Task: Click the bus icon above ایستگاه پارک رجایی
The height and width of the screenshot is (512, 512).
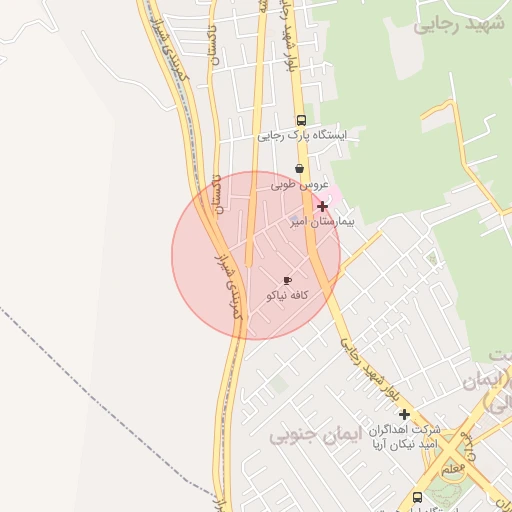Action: (302, 119)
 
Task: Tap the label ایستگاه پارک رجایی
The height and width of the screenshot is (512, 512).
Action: (300, 135)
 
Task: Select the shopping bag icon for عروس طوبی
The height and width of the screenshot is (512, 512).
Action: (299, 169)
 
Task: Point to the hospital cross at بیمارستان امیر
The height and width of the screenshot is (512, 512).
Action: (322, 206)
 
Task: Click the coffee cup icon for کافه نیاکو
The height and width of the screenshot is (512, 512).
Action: (288, 281)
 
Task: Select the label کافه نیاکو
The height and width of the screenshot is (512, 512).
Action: (288, 296)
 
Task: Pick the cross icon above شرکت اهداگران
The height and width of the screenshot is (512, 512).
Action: (404, 414)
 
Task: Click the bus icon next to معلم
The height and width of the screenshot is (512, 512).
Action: (417, 497)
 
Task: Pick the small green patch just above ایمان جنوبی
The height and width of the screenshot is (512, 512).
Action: (278, 383)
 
